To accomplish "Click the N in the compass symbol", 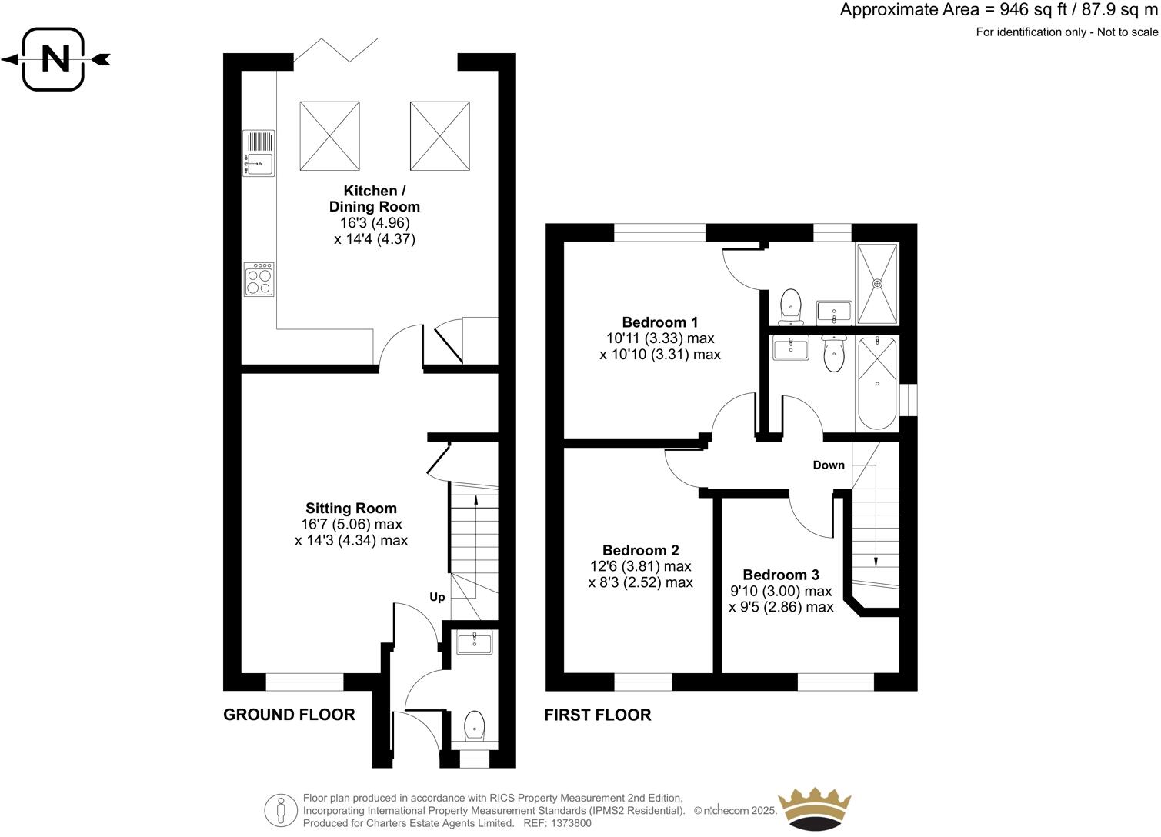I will (x=54, y=59).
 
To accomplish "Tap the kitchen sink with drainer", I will (x=259, y=153).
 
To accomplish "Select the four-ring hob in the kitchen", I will (x=259, y=280).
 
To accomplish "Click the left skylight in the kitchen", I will (x=330, y=136).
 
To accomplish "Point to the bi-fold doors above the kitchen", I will (x=335, y=49).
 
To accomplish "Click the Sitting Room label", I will (x=351, y=509).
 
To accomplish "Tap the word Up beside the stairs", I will (x=437, y=597).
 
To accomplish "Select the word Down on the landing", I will (x=829, y=465).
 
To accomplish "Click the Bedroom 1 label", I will (x=660, y=322).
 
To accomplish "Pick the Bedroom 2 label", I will (x=640, y=550).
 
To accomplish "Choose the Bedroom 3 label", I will (x=781, y=575).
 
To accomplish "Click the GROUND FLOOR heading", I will (x=289, y=715).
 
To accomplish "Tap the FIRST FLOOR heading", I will (x=598, y=715).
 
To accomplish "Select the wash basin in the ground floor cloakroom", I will (x=474, y=642).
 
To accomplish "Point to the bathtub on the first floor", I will (x=877, y=383).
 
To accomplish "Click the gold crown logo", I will (x=815, y=808).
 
